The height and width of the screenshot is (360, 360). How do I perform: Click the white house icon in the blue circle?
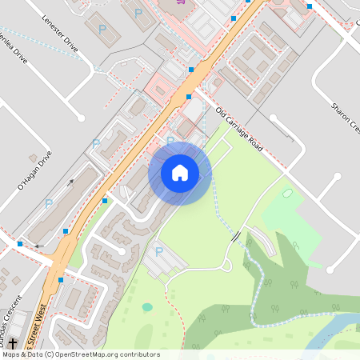click(x=180, y=172)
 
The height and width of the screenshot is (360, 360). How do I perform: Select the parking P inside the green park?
click(x=158, y=251)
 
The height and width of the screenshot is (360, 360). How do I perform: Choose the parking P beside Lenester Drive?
click(x=102, y=29)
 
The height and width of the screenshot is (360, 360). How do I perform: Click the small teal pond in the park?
click(x=147, y=306)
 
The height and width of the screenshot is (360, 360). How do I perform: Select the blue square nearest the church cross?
click(x=20, y=243)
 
